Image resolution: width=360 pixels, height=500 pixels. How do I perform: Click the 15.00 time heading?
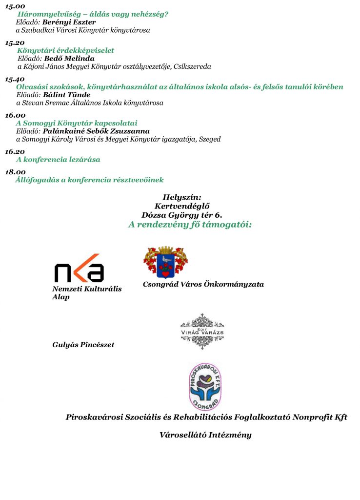[x=15, y=6]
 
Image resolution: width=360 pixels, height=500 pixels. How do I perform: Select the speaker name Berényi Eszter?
[x=68, y=22]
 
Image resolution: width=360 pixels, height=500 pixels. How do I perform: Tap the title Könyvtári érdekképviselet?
[x=65, y=50]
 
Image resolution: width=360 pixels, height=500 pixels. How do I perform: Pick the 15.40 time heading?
[x=15, y=79]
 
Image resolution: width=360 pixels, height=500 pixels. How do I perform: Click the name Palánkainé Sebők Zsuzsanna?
[x=96, y=131]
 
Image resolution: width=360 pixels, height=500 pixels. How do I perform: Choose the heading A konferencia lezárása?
[x=58, y=160]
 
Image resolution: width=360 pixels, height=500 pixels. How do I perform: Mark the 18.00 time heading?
[x=15, y=172]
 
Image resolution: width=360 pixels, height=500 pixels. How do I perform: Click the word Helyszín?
[x=182, y=197]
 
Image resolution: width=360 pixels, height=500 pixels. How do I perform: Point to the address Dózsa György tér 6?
[x=181, y=215]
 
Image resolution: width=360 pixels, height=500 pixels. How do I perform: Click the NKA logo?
[x=79, y=268]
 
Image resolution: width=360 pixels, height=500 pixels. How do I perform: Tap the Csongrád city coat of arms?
[x=165, y=262]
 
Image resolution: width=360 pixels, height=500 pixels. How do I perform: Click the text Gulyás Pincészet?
[x=83, y=345]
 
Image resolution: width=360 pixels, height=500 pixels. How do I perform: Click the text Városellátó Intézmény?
[x=205, y=435]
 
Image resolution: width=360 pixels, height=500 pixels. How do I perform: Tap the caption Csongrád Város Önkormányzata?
[x=203, y=284]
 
